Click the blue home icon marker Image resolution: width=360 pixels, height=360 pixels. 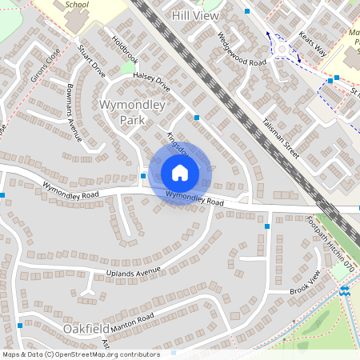click(180, 172)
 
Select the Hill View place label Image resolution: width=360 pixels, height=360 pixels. click(195, 15)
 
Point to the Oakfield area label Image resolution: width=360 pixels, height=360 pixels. click(87, 329)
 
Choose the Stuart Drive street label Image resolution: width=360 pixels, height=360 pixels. click(92, 61)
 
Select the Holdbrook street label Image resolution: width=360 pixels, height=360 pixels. click(126, 50)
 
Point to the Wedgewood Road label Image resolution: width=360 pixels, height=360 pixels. click(241, 50)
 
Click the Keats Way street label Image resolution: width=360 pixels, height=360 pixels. click(311, 44)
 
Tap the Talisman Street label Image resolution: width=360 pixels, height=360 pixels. click(280, 137)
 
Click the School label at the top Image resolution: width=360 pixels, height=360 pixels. click(77, 4)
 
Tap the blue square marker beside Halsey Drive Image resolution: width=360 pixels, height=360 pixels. click(197, 118)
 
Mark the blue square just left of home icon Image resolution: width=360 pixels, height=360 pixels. click(143, 176)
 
